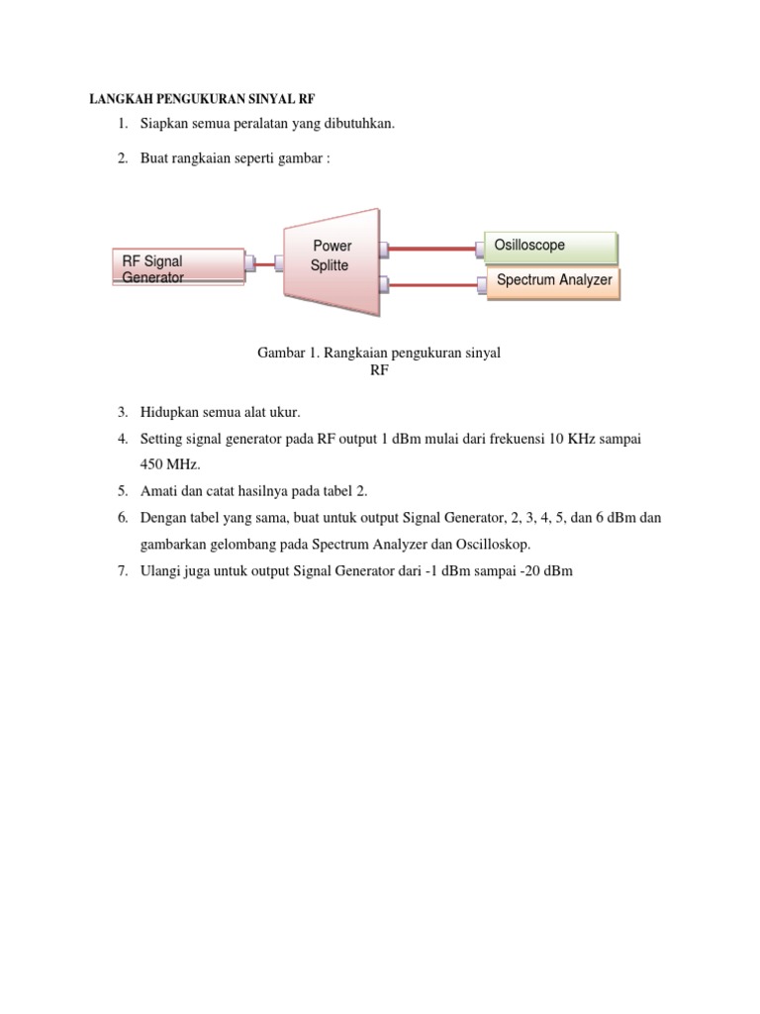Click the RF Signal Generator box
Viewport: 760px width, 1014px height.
pos(178,267)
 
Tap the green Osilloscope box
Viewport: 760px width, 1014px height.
pos(550,247)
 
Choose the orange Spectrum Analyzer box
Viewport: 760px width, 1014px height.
pos(553,281)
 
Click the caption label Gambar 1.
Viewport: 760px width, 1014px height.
pos(286,353)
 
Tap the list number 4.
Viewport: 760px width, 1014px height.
pos(122,438)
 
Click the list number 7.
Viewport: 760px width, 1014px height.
pos(122,571)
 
